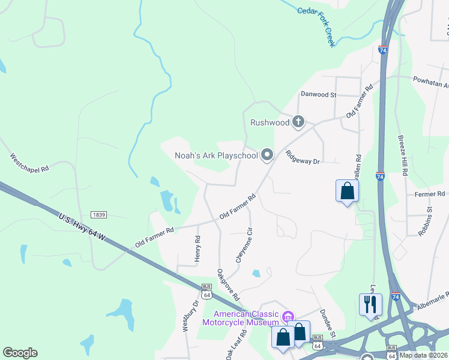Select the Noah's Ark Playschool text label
(216, 155)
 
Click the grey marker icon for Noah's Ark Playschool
(267, 155)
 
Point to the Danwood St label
(319, 95)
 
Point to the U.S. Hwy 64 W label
(82, 226)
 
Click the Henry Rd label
(197, 247)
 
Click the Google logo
(20, 353)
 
